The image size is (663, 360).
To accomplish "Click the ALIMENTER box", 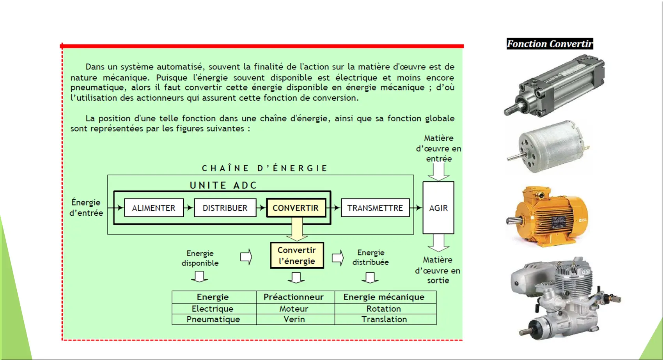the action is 154,208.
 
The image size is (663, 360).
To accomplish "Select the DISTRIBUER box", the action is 225,208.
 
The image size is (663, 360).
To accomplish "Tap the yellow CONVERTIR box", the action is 296,208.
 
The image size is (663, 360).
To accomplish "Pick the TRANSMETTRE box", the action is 375,208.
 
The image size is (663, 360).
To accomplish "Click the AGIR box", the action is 438,208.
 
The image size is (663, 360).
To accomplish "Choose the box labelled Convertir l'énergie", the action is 297,255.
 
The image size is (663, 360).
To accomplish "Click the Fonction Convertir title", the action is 550,44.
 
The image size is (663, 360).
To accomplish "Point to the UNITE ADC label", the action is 223,185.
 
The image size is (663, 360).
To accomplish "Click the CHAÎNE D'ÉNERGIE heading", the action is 264,168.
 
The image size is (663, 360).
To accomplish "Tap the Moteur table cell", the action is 294,309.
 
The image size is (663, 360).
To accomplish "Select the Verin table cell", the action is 294,319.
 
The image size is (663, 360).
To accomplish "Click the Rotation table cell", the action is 384,309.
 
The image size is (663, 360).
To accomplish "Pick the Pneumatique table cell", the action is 213,319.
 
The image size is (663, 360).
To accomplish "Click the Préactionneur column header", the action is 294,297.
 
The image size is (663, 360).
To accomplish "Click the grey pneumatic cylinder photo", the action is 554,85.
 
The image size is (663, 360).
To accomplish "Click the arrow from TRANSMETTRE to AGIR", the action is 416,208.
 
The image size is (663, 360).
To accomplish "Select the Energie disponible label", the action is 200,258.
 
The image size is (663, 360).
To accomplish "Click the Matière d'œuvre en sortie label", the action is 438,270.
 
